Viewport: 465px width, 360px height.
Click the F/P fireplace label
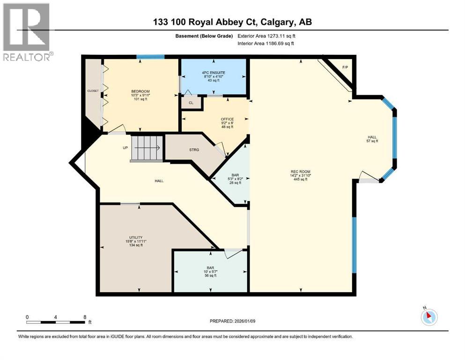[x=345, y=67]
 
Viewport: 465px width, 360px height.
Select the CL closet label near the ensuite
[x=191, y=103]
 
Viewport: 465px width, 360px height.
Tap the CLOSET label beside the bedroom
[x=93, y=90]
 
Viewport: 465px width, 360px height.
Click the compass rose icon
[x=429, y=317]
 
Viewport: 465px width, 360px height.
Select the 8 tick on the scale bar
[x=84, y=317]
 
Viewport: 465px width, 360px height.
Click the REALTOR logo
[x=27, y=32]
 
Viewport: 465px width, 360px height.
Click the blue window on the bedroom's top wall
[x=150, y=57]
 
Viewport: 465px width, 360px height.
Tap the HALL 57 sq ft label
[x=372, y=139]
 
